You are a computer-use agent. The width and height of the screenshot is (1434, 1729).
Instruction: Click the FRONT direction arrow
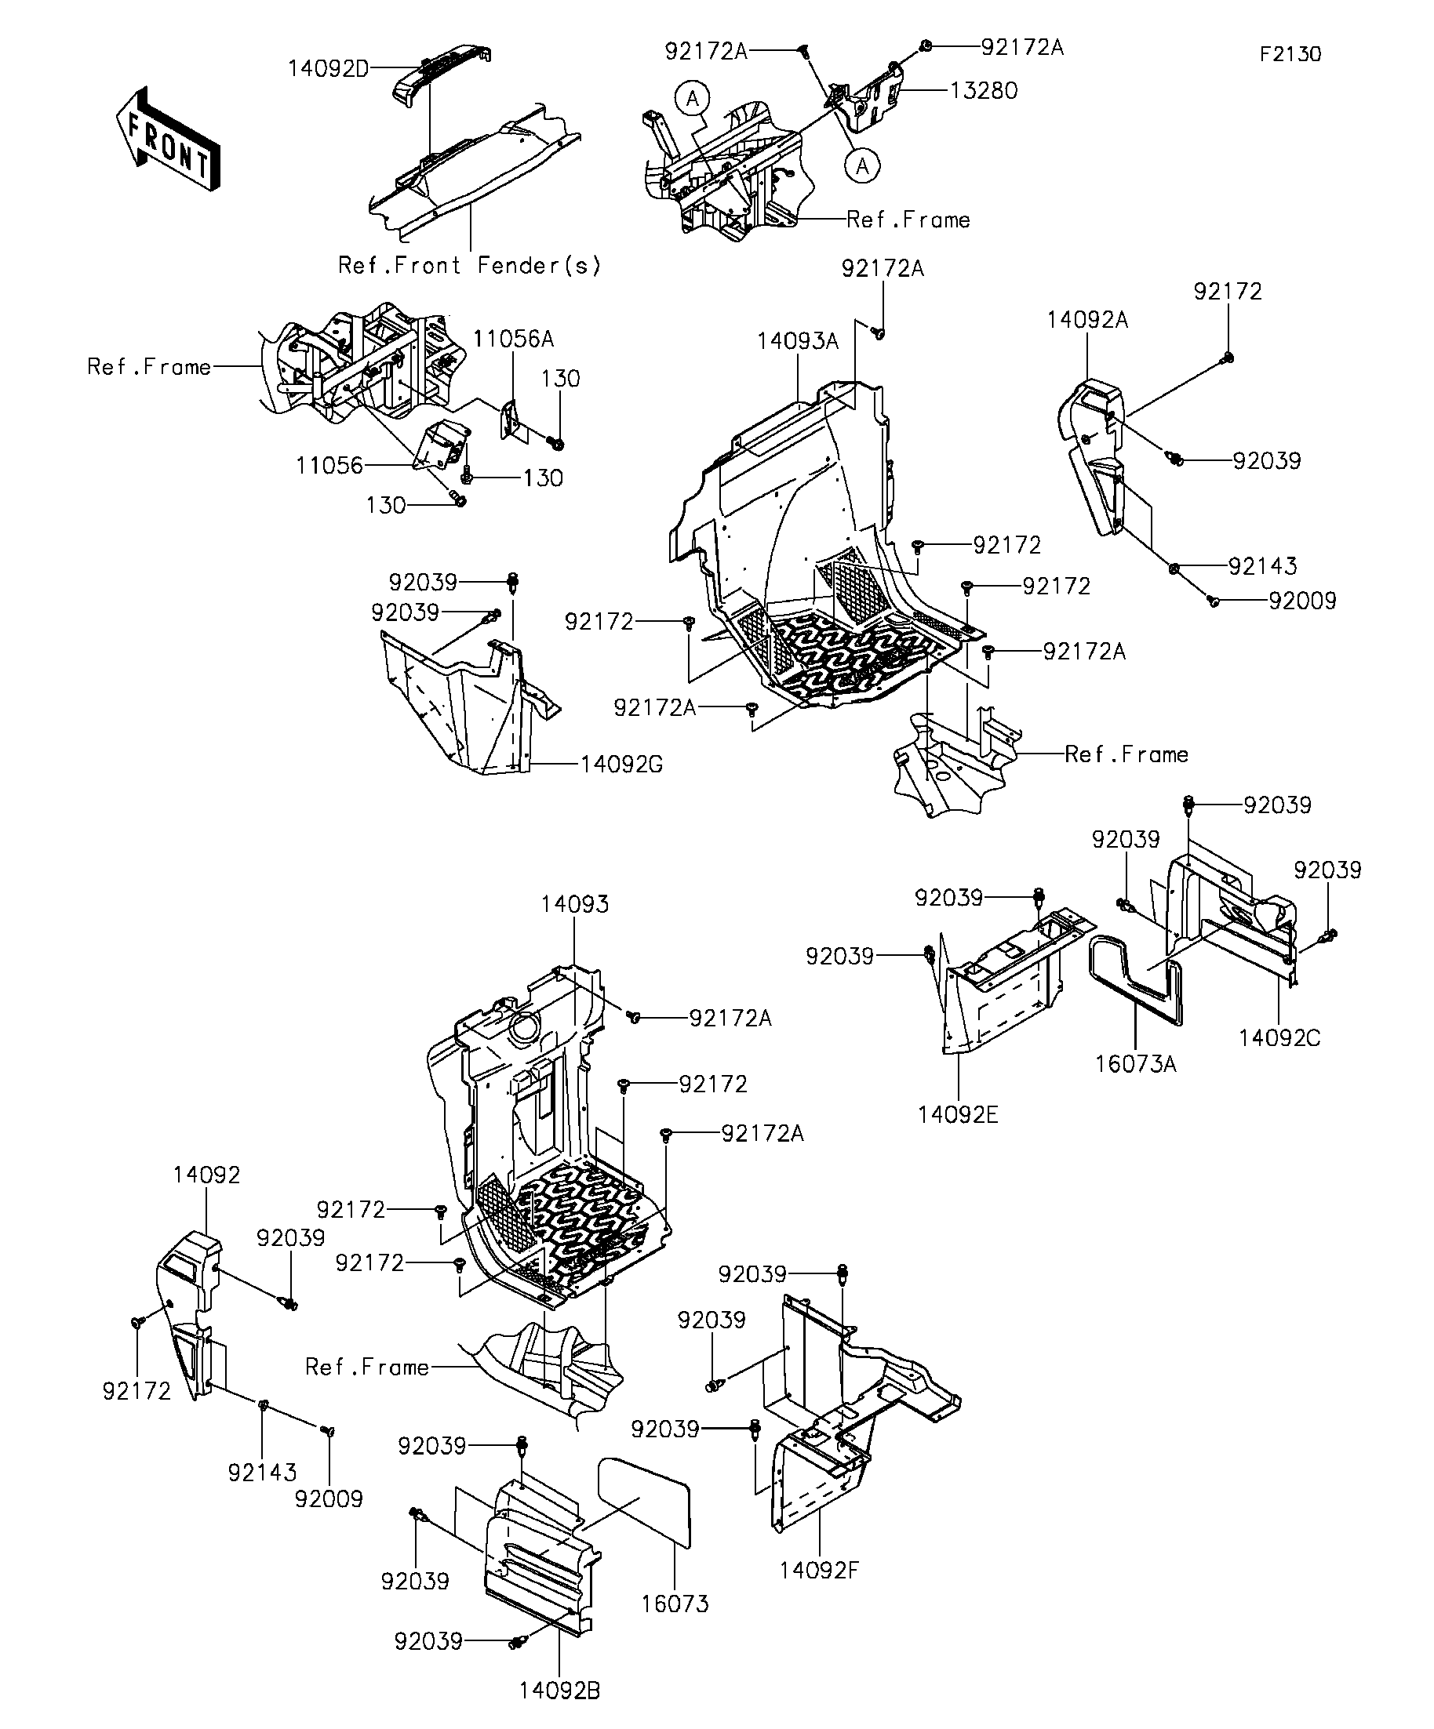click(168, 140)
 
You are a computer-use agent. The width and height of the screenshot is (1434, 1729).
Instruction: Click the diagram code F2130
click(1290, 54)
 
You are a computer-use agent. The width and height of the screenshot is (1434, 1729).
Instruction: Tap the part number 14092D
click(328, 69)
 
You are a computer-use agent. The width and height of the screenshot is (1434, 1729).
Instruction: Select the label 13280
click(984, 91)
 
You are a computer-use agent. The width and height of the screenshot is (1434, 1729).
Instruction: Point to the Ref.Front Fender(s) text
click(469, 266)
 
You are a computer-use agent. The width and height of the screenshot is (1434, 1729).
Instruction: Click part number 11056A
click(513, 340)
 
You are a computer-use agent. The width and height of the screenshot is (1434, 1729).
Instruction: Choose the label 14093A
click(797, 341)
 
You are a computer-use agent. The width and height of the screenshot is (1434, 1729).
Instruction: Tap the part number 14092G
click(621, 765)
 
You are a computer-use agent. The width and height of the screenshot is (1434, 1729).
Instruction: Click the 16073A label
click(1135, 1065)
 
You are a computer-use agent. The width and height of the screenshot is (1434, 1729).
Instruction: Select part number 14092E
click(958, 1115)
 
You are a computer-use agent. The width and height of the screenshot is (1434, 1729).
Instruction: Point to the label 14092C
click(1279, 1038)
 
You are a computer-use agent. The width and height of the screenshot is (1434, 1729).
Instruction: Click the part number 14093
click(575, 904)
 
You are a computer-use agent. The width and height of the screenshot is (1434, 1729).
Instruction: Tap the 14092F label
click(820, 1571)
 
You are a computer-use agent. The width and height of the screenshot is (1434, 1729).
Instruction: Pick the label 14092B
click(559, 1691)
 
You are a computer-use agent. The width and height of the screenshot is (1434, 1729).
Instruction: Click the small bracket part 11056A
click(511, 421)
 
